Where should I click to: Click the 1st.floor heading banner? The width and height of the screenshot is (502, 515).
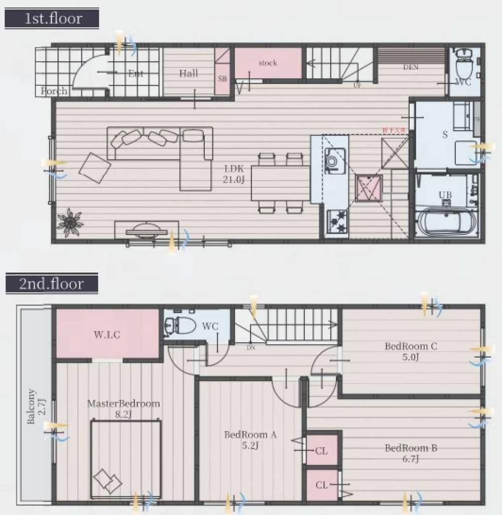click(x=52, y=19)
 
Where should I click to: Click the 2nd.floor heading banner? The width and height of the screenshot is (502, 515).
click(x=52, y=284)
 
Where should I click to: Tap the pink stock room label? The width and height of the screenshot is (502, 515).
click(x=268, y=63)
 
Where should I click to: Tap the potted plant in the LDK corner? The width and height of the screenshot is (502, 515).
click(x=69, y=222)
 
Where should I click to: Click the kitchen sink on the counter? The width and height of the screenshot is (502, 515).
click(x=332, y=161)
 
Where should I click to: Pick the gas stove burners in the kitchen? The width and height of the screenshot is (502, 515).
click(x=336, y=218)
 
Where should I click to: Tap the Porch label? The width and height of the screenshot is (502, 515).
click(x=54, y=91)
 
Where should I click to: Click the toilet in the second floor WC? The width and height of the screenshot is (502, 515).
click(x=181, y=326)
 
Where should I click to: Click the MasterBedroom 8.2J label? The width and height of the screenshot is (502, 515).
click(x=123, y=408)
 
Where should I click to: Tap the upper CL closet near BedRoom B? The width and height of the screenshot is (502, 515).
click(x=322, y=450)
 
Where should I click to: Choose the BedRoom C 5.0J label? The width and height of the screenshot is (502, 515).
click(x=411, y=351)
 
